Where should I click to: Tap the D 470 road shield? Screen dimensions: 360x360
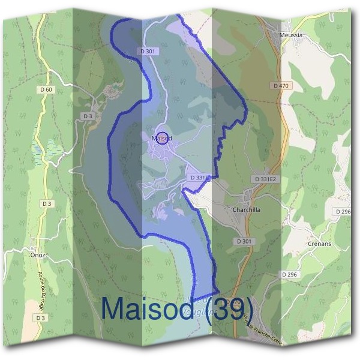pos(281,86)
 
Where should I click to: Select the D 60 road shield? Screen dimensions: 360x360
pos(45,90)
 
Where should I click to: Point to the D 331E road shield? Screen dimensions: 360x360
pos(199,178)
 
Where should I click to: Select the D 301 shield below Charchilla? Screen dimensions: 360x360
pos(244,241)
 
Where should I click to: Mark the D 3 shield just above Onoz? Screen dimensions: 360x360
pos(47,204)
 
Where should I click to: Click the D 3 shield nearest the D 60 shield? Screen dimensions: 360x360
pos(88,116)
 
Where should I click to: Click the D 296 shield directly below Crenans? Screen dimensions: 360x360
pos(290,274)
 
